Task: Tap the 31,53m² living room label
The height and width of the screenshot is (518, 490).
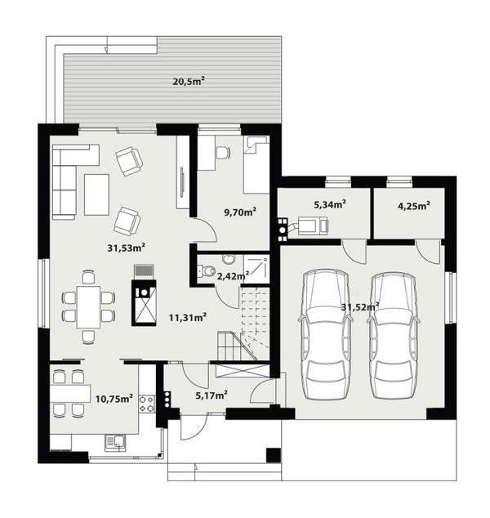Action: pos(127,248)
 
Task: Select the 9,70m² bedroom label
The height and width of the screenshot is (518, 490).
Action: pos(240,212)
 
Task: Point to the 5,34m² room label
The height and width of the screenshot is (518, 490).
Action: pos(330,204)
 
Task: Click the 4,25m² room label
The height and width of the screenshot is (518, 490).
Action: pos(414,206)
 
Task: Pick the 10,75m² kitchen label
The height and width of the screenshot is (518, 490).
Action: pos(114,398)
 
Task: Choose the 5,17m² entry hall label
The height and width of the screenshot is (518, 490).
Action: pos(212,395)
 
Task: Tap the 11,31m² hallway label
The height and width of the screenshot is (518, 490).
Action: pos(188,318)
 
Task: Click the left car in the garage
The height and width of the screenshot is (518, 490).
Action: pos(326,335)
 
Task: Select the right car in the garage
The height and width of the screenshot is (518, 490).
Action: pos(393,335)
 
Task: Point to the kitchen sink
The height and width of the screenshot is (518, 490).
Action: pos(115,442)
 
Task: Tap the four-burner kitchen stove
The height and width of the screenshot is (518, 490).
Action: pos(147,404)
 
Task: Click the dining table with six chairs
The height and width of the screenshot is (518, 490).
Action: pos(88,307)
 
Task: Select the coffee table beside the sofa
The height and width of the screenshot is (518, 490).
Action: pos(96,195)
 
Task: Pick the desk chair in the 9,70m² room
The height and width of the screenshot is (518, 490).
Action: pos(223,153)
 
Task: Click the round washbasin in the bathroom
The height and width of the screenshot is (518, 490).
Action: pos(228,259)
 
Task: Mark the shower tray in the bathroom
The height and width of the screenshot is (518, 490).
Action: pos(256,269)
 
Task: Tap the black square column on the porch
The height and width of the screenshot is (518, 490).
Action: pos(273,456)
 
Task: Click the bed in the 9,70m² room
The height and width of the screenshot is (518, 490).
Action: pos(256,164)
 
